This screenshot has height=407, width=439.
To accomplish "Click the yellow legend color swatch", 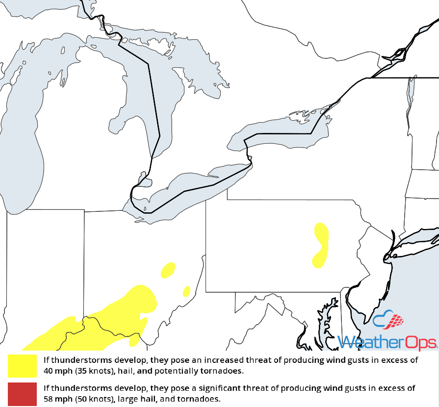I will click(22, 365).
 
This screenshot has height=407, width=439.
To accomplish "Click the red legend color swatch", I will click(22, 394).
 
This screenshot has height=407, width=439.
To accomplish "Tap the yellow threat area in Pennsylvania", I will click(321, 245).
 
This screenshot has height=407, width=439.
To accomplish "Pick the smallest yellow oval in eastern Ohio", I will click(186, 291).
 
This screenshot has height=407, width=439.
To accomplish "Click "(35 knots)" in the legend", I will click(95, 370).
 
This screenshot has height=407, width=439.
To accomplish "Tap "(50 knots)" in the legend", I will click(95, 399).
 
